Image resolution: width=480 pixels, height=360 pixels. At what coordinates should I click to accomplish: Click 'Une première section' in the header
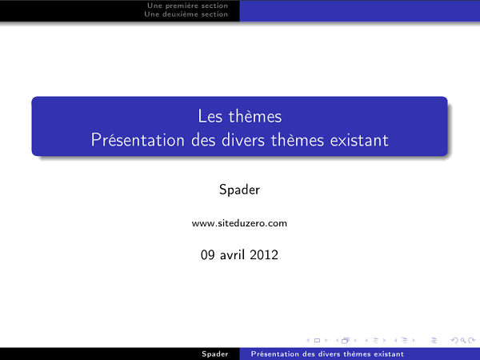pyautogui.click(x=188, y=6)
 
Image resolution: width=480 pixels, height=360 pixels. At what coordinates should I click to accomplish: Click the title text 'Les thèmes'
pyautogui.click(x=240, y=117)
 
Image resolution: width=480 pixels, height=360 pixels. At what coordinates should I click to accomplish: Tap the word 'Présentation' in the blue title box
pyautogui.click(x=131, y=140)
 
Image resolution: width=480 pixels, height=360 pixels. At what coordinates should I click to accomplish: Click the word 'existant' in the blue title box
pyautogui.click(x=358, y=140)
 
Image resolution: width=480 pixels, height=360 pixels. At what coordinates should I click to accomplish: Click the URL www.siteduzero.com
pyautogui.click(x=239, y=223)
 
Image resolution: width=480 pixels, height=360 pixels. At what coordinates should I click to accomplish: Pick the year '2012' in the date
pyautogui.click(x=264, y=256)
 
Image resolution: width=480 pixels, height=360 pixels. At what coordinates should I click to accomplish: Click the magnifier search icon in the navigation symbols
pyautogui.click(x=462, y=340)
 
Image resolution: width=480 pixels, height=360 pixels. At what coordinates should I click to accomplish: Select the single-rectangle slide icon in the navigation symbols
pyautogui.click(x=316, y=340)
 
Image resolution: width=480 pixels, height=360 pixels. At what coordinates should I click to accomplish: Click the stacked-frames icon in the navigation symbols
pyautogui.click(x=346, y=340)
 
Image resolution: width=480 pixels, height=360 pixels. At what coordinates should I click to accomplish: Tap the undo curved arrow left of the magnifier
pyautogui.click(x=454, y=340)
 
